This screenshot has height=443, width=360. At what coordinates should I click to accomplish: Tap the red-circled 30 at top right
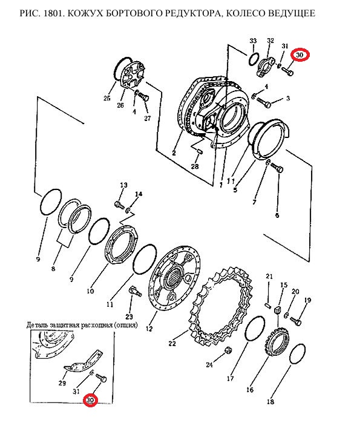click(299, 55)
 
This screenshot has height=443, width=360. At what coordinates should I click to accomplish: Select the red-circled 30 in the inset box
click(90, 401)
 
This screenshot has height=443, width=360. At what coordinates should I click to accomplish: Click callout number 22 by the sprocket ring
click(172, 344)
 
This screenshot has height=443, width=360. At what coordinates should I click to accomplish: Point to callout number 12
click(149, 329)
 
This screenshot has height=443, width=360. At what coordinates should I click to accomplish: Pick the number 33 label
click(253, 41)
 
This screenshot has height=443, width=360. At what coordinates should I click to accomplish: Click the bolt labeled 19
click(296, 321)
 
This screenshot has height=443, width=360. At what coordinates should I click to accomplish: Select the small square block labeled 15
click(278, 310)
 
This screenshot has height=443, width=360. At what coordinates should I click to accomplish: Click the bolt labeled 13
click(119, 205)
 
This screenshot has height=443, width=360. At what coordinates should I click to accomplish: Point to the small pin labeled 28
click(200, 152)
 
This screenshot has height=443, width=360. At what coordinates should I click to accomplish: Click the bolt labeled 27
click(143, 98)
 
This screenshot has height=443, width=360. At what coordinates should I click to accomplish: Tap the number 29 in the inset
click(62, 383)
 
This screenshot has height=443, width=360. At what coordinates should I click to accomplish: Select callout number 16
click(250, 390)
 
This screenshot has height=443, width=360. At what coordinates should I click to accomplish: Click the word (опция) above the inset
click(125, 325)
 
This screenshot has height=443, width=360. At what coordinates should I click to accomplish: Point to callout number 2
click(174, 153)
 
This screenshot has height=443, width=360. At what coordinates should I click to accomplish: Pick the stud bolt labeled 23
click(135, 292)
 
